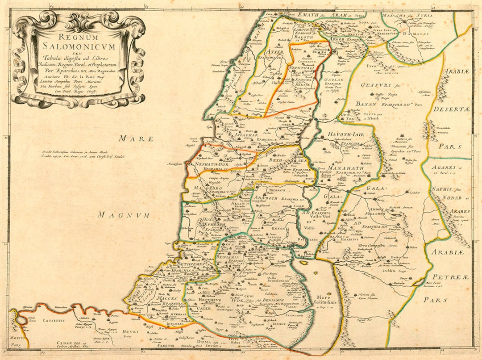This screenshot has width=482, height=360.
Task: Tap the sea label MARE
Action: (133, 139)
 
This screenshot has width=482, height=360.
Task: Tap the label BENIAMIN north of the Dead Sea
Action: (229, 258)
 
